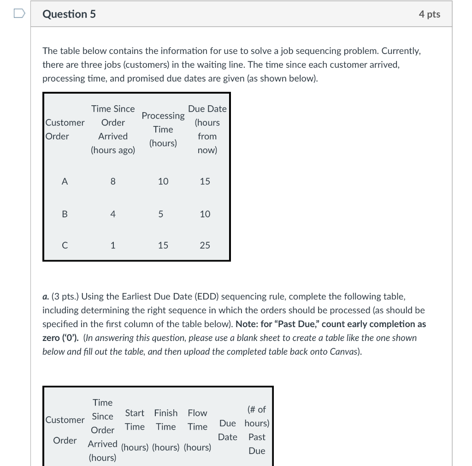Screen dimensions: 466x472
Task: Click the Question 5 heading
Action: click(x=69, y=14)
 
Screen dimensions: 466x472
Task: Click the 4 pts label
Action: click(x=429, y=14)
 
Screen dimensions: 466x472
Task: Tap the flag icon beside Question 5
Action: click(x=19, y=14)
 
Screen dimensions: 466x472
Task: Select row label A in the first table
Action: click(x=65, y=182)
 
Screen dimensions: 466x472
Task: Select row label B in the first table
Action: click(x=65, y=214)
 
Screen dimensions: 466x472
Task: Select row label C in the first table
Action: click(x=65, y=245)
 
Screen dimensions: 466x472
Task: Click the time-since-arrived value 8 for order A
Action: click(x=113, y=182)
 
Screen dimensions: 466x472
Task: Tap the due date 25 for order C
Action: click(x=205, y=245)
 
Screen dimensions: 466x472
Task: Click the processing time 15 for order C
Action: click(x=163, y=245)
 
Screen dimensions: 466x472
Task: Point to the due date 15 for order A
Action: click(x=205, y=182)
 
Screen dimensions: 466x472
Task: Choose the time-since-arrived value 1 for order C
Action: click(x=113, y=245)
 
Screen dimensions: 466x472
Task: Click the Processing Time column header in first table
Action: click(x=163, y=129)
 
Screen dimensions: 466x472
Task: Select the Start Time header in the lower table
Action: click(x=135, y=419)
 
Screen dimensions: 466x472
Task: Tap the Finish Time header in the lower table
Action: click(x=165, y=419)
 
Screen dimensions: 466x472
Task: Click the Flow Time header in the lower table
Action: click(x=197, y=419)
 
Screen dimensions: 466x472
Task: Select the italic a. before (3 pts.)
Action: click(x=46, y=297)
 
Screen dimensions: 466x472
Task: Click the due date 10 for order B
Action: click(x=205, y=214)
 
